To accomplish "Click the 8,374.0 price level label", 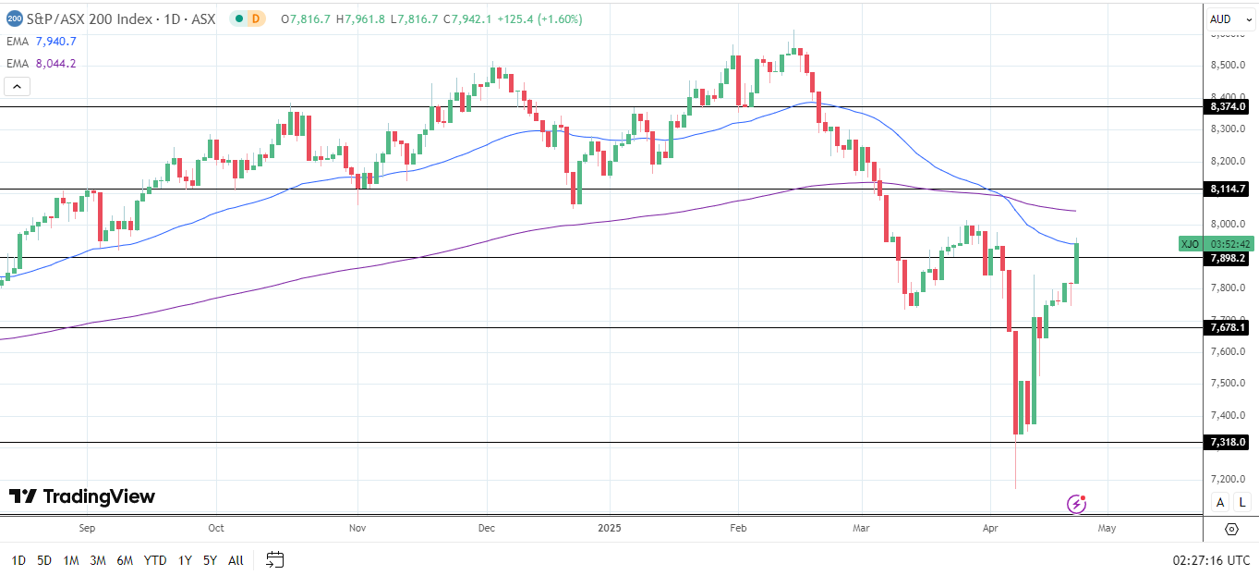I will click(1228, 106).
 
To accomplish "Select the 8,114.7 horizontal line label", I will click(1228, 189).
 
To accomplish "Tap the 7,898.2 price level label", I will click(1228, 258).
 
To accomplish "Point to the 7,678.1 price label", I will click(1228, 327).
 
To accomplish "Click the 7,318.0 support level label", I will click(1228, 443).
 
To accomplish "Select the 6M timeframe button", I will click(125, 560).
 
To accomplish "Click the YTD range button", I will click(155, 560).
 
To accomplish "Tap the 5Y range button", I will click(210, 560).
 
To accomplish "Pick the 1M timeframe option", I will click(71, 560).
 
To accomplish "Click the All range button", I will click(236, 560).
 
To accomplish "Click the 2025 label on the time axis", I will click(610, 529).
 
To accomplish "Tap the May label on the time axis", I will click(1107, 529).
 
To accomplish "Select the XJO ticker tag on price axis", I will click(1191, 244).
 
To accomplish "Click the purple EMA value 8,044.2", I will click(55, 64).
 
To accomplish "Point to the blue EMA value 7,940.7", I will click(55, 42).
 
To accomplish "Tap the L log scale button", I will click(1242, 502).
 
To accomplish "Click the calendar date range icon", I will click(274, 559).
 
